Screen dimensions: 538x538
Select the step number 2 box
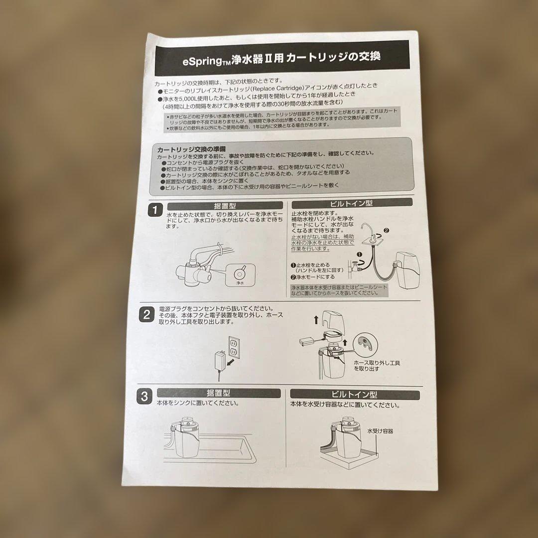(x=147, y=314)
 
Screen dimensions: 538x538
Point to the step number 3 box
(x=144, y=397)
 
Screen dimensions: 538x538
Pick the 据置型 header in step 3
(x=218, y=393)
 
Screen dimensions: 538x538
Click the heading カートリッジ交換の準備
(x=191, y=149)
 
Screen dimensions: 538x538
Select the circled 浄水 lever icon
(x=240, y=273)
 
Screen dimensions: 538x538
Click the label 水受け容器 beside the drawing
(x=380, y=431)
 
